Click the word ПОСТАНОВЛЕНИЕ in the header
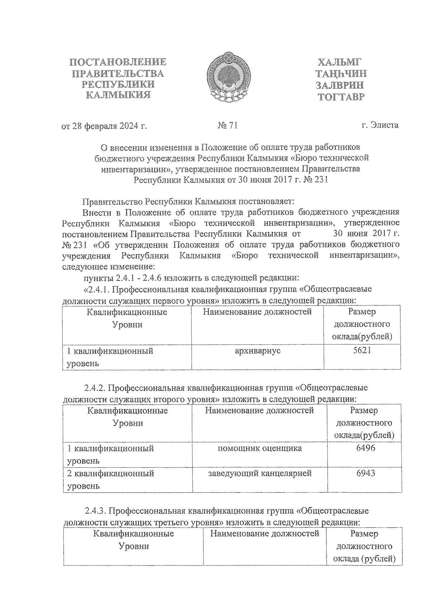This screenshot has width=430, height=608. pos(118,62)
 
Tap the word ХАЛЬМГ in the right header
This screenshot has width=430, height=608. pos(338,62)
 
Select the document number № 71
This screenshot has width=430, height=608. pos(228,125)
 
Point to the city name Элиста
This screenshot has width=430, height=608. pos(385,125)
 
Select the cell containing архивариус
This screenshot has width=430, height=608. pos(257,351)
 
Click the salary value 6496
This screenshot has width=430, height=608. pos(365,448)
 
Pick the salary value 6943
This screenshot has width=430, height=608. pos(365,473)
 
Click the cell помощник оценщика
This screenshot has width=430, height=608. pos(259,448)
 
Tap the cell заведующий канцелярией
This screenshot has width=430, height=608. pos(260,473)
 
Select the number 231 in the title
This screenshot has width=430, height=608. pos(321,179)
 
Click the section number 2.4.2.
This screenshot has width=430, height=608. pos(94,388)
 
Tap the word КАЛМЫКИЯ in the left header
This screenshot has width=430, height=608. pos(119,95)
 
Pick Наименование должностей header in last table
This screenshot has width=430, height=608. pos(264,534)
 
